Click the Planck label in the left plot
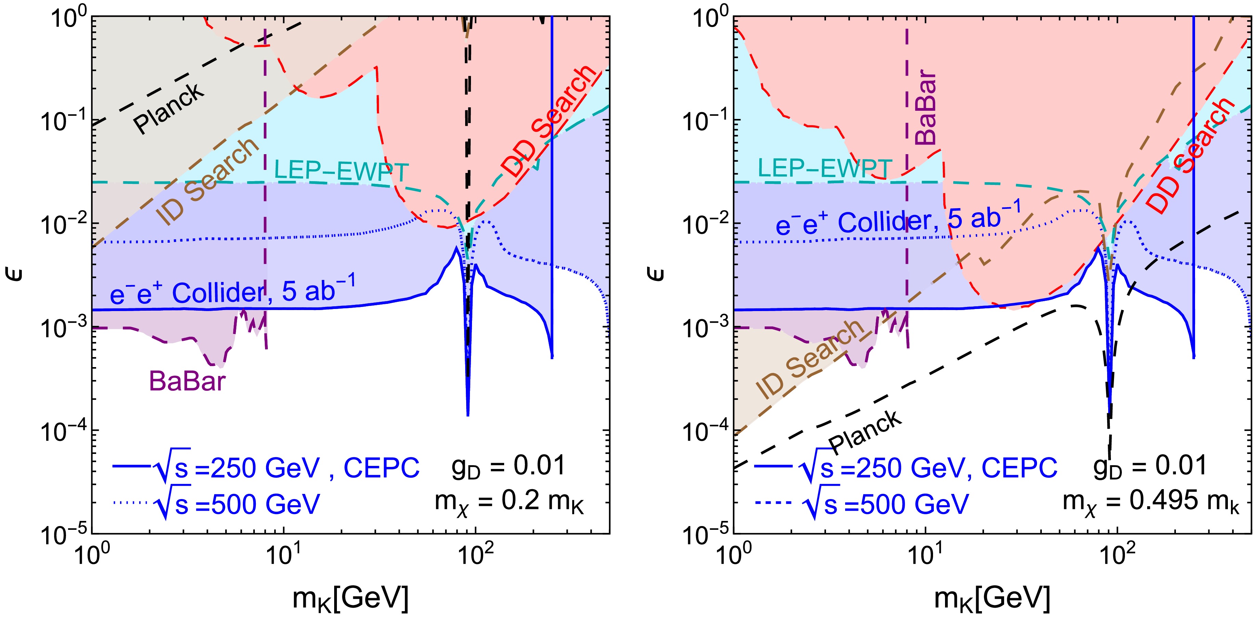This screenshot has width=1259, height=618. pyautogui.click(x=169, y=108)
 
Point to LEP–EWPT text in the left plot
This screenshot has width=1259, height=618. pyautogui.click(x=341, y=171)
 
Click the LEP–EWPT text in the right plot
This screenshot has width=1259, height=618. pyautogui.click(x=825, y=168)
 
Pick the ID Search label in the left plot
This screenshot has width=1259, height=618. pyautogui.click(x=208, y=181)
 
